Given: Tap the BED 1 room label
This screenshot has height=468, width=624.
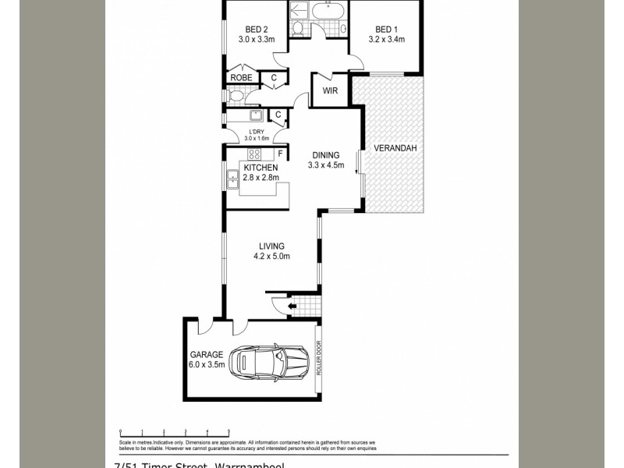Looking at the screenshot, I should click(386, 30).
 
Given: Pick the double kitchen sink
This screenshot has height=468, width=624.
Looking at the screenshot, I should click(232, 181).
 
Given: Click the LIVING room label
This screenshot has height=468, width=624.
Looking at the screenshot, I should click(271, 246).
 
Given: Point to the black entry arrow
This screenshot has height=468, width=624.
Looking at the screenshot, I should click(292, 307).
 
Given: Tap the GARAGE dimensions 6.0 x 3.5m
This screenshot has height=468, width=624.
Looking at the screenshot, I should click(206, 364).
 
